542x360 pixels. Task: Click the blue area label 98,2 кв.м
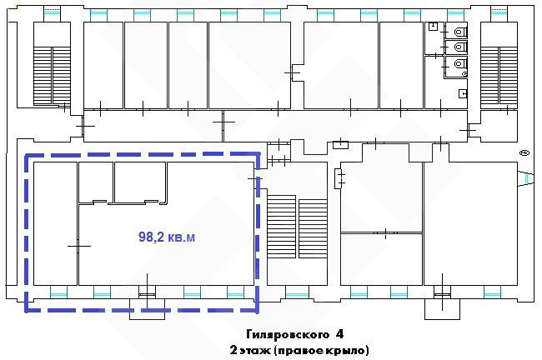coord(167,237)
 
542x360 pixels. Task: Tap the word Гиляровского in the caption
coord(288,334)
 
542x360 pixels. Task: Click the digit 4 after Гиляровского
coord(339,334)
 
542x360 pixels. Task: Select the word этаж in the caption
coord(255,350)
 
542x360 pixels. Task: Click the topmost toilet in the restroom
coord(460,32)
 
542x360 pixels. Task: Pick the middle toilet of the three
coord(460,47)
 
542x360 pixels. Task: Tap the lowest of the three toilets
coord(460,63)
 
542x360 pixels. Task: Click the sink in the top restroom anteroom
coord(434,27)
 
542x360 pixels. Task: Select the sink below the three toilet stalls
coord(463,93)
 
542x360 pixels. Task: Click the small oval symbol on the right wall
coord(524,152)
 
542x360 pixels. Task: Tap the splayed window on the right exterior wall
coord(526,178)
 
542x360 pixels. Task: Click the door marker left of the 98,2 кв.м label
coord(79,246)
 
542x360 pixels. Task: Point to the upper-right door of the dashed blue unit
coord(256,178)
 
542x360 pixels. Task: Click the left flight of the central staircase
coord(281,227)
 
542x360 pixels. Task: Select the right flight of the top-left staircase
coord(62,76)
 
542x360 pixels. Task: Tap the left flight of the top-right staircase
coord(489,76)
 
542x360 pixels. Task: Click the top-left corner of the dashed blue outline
coord(27,155)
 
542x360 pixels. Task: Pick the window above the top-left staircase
coord(52,14)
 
